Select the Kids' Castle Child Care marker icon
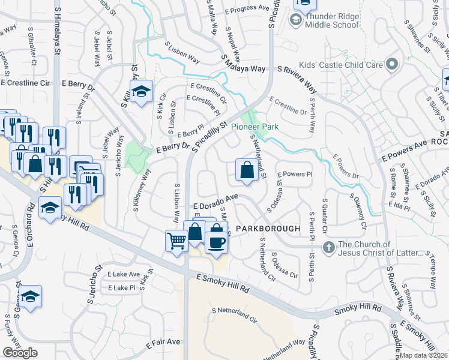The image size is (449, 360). point(392,64)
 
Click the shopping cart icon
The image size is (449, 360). point(176,241)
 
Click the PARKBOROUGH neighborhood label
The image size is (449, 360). point(267,229)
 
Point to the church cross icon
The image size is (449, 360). point(328,247)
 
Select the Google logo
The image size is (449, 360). point(20,352)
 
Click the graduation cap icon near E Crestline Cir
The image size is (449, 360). point(141,91)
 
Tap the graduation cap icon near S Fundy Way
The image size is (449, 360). point(30,296)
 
